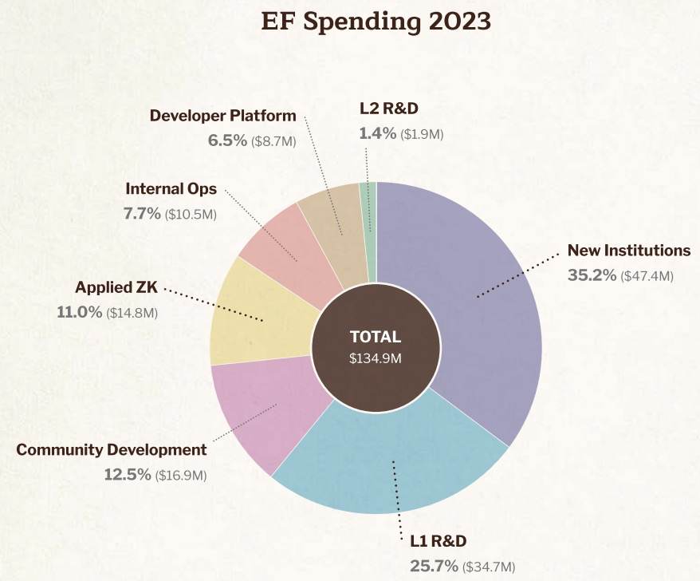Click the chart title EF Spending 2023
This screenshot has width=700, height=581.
[x=376, y=22]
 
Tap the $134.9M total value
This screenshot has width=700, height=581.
[x=376, y=358]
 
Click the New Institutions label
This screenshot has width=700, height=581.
[x=629, y=251]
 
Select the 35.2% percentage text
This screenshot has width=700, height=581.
[x=592, y=275]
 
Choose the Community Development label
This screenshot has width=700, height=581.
[x=112, y=449]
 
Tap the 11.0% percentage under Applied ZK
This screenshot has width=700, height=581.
[x=80, y=312]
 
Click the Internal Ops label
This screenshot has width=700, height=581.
[x=171, y=189]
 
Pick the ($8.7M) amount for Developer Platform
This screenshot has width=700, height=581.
[x=273, y=141]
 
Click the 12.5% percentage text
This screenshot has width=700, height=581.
[x=128, y=475]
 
